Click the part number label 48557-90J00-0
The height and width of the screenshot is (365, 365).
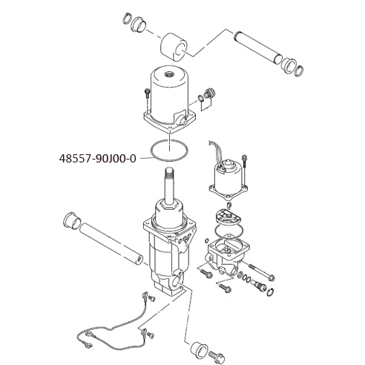[x=98, y=159]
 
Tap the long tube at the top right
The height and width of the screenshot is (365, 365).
[x=258, y=47]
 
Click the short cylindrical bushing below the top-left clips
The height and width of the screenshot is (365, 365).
[x=174, y=47]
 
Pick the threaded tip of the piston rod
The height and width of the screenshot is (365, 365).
[x=169, y=172]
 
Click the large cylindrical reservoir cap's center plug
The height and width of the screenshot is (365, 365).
[x=169, y=73]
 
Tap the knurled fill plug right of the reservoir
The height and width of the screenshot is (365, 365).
[x=209, y=94]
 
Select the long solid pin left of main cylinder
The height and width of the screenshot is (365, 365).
[x=111, y=243]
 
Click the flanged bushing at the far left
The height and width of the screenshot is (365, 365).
[x=72, y=220]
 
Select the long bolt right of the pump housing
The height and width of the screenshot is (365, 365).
[x=262, y=272]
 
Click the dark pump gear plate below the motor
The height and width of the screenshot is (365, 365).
[x=228, y=215]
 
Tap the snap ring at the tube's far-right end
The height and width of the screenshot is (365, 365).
[x=299, y=71]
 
